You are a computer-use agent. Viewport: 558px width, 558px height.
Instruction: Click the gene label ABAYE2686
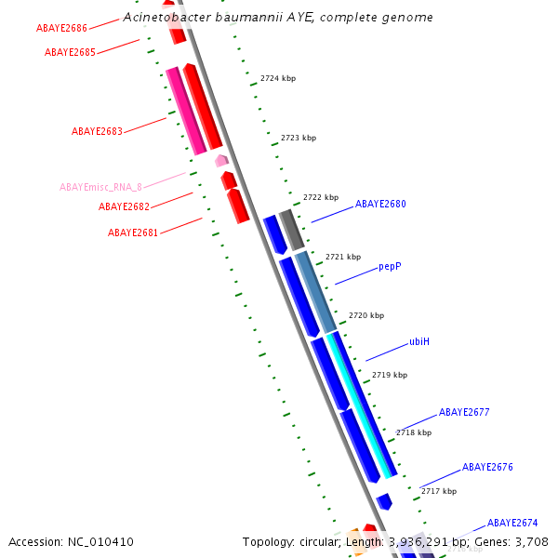[x=62, y=29]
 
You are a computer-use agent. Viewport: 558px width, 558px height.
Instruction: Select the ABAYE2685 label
[x=70, y=52]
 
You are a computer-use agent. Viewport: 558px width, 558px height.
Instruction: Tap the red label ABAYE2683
[x=97, y=131]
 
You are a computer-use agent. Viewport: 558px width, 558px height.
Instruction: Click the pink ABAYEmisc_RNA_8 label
[x=100, y=187]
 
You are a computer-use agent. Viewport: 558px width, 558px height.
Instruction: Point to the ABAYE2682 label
[x=124, y=206]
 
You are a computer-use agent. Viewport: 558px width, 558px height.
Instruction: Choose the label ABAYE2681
[x=133, y=232]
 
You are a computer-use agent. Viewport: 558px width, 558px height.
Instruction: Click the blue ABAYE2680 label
[x=380, y=204]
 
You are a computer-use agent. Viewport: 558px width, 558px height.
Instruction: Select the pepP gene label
[x=390, y=266]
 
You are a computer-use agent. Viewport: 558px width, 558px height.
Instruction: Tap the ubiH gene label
[x=419, y=341]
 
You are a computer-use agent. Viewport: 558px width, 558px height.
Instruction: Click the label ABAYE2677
[x=464, y=412]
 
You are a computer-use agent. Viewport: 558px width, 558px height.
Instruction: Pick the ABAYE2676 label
[x=487, y=467]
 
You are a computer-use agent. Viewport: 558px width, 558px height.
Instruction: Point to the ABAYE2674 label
[x=512, y=523]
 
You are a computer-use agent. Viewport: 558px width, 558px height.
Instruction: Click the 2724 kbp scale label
[x=278, y=79]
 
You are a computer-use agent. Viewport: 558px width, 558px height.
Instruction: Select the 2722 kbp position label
[x=321, y=197]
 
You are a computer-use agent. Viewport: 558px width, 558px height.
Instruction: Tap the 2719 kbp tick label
[x=390, y=375]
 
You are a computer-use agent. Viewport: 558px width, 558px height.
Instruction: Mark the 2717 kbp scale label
[x=439, y=491]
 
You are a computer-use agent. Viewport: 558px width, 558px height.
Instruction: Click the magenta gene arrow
[x=186, y=110]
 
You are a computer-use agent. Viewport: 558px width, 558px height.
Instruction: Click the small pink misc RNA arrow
[x=221, y=161]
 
